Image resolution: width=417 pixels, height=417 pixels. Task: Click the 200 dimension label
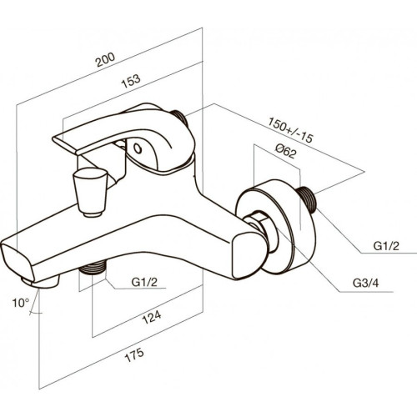(105, 59)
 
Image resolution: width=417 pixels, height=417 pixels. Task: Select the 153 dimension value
(131, 81)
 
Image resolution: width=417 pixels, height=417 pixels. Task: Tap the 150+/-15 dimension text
(291, 130)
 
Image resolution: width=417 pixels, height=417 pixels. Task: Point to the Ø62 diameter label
(286, 151)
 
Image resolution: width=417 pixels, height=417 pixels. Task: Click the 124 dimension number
(152, 317)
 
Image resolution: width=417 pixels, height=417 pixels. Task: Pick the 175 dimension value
(134, 354)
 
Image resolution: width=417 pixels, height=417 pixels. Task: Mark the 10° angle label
(21, 303)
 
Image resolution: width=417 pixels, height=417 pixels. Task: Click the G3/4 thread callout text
(365, 283)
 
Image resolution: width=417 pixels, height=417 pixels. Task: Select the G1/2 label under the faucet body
(144, 282)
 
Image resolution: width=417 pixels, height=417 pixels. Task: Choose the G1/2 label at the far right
(386, 246)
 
